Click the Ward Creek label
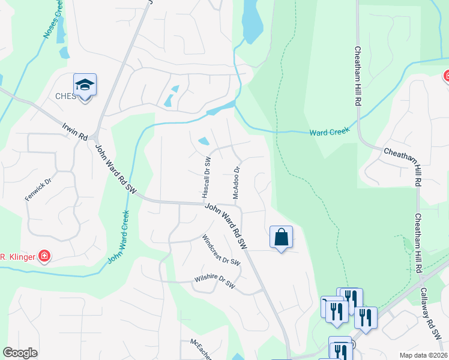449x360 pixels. tap(330, 132)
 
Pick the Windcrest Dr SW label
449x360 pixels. tap(220, 249)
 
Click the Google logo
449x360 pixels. tap(20, 353)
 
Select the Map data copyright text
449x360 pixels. tap(423, 355)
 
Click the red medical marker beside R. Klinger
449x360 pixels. tap(44, 257)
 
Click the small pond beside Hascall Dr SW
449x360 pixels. tap(204, 142)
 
